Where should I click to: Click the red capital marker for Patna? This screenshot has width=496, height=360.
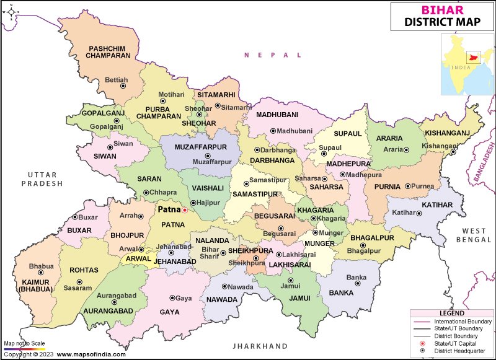[x=184, y=210]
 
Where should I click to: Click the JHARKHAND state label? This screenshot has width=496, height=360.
[x=260, y=346]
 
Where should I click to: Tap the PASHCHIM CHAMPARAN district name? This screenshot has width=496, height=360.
[x=109, y=51]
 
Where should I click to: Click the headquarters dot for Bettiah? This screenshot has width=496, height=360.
[x=123, y=86]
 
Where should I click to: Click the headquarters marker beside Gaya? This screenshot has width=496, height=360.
[x=172, y=298]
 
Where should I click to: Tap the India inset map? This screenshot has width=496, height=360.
[x=466, y=62]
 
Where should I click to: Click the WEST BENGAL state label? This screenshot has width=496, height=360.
[x=472, y=234]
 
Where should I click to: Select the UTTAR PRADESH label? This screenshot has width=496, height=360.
[x=42, y=179]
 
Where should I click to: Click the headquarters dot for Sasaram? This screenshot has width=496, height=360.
[x=79, y=281]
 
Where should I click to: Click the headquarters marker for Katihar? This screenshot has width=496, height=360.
[x=418, y=213]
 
